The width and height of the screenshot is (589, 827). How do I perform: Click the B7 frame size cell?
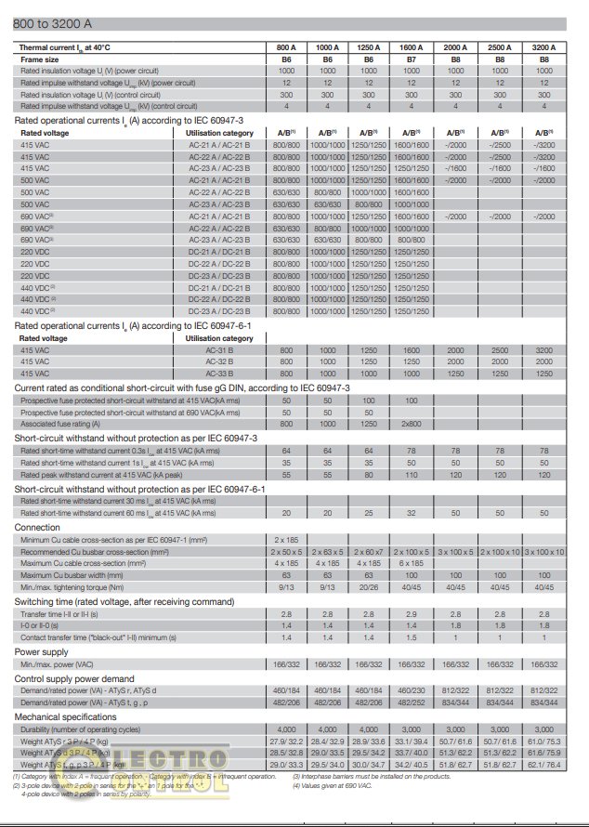pos(410,59)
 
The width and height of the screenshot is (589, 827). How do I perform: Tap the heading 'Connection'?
pos(38,527)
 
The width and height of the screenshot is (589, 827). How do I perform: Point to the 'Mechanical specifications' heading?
pos(65,718)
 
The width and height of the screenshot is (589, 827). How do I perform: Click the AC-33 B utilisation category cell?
pos(218,373)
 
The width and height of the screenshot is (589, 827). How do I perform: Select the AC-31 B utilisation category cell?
pos(218,350)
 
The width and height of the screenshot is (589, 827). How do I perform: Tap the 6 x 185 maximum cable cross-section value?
pos(410,563)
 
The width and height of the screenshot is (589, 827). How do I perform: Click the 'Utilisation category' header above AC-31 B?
pos(218,338)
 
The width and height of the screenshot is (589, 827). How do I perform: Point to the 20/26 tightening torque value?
pos(369,587)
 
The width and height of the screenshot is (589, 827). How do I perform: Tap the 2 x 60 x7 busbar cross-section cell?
pos(369,551)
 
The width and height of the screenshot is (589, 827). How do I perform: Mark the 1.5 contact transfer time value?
pos(410,638)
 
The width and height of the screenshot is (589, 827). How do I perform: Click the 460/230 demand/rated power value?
pos(410,690)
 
